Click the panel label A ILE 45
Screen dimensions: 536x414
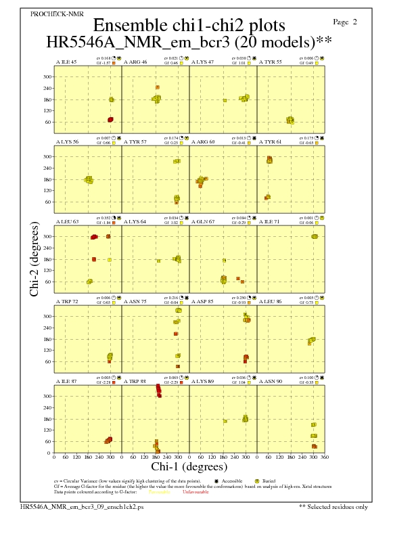click(x=66, y=62)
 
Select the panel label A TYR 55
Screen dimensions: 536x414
click(x=271, y=62)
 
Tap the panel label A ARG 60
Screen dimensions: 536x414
click(x=203, y=142)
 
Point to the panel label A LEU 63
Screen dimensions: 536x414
click(x=66, y=221)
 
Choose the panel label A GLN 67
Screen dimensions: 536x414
click(x=203, y=221)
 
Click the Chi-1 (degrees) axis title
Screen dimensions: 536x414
click(x=189, y=466)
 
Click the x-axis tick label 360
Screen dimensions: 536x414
click(x=325, y=457)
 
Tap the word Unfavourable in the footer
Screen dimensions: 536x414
click(x=195, y=492)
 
